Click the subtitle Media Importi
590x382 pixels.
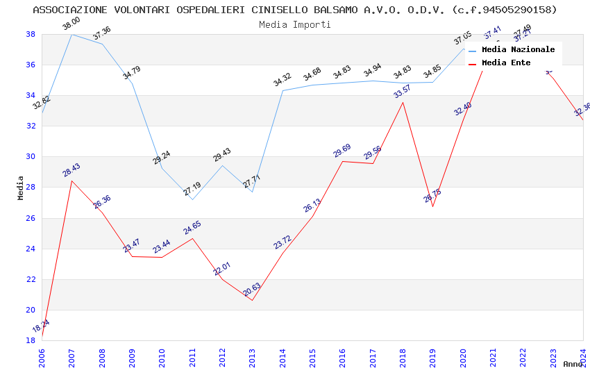pos(294,24)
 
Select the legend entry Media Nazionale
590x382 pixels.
pos(518,49)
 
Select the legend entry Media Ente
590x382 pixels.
pos(506,63)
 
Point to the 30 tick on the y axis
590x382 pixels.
pos(31,156)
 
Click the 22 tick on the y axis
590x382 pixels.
pos(31,279)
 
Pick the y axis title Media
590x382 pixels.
pos(21,188)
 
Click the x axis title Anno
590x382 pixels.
pos(573,364)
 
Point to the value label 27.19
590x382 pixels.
pos(192,188)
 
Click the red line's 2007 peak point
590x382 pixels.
pos(71,181)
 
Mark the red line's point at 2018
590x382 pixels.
pos(403,102)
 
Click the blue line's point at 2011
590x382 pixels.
pos(192,199)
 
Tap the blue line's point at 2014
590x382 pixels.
pos(283,90)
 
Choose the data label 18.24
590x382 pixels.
pos(41,326)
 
